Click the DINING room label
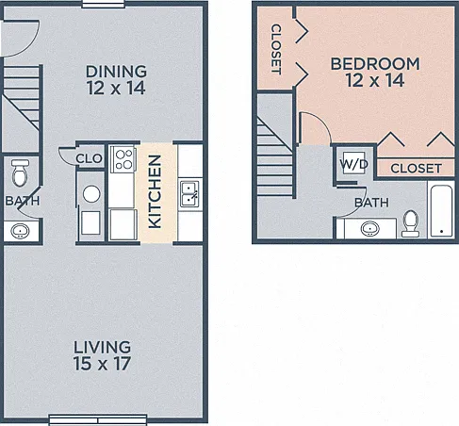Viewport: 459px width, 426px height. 116,72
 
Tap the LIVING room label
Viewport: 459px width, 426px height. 102,347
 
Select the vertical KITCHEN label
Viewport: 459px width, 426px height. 155,191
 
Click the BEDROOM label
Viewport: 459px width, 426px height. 375,64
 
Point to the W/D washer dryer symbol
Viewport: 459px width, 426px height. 353,163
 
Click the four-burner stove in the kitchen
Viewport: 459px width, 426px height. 123,159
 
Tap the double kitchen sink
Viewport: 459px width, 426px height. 189,194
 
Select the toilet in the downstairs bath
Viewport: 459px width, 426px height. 20,172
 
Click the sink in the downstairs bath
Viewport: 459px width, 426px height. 21,231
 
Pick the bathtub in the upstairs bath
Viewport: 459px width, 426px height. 441,210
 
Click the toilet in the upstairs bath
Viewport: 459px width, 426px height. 410,223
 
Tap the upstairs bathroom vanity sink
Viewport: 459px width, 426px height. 369,228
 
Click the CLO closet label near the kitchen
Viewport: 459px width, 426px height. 89,158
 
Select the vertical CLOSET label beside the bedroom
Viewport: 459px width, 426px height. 276,49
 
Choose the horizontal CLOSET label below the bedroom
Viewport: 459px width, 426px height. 416,169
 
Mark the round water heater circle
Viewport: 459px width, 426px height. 91,194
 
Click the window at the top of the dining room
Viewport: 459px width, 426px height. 104,4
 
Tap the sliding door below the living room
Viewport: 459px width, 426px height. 98,420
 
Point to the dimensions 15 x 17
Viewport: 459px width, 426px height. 102,364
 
